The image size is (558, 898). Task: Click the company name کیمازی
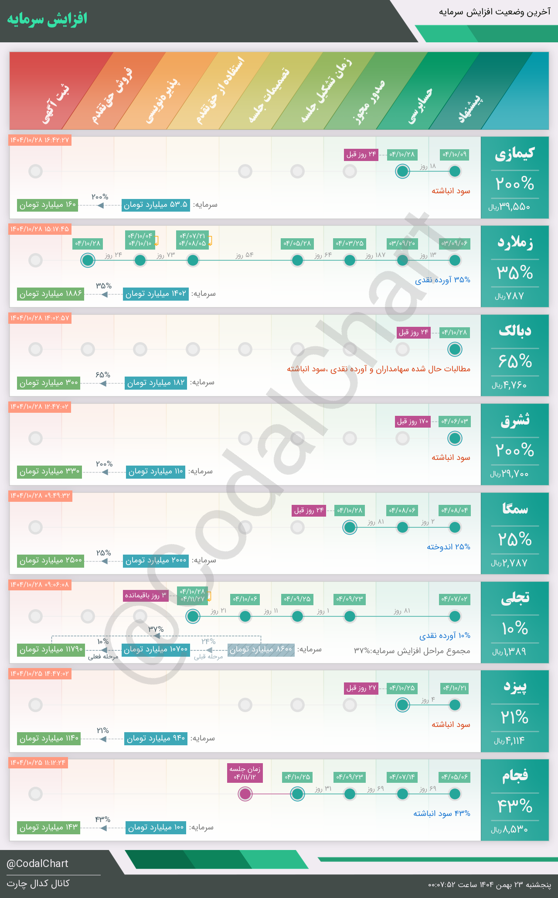(x=514, y=154)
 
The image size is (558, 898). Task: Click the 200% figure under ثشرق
(x=514, y=450)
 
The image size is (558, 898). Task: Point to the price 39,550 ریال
(x=509, y=207)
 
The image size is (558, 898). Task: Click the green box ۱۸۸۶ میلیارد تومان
(x=51, y=294)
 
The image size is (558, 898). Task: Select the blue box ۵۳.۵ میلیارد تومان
(x=156, y=205)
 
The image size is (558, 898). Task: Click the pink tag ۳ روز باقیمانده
(x=146, y=596)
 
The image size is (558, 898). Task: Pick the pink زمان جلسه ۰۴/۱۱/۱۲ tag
(x=245, y=773)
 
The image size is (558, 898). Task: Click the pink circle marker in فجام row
(x=245, y=794)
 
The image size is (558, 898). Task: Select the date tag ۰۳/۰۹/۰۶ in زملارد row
(x=454, y=243)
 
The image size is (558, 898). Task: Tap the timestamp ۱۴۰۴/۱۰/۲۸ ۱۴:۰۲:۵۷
(x=40, y=318)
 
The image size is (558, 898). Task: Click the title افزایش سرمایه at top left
(x=47, y=19)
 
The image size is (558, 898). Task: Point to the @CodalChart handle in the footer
(x=37, y=864)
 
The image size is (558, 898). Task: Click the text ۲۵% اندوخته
(x=448, y=547)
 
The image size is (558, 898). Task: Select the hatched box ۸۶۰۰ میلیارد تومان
(x=261, y=650)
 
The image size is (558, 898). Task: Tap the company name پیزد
(x=514, y=687)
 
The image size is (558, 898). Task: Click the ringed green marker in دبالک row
(x=455, y=349)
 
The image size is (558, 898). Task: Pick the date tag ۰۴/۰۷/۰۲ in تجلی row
(x=454, y=599)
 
